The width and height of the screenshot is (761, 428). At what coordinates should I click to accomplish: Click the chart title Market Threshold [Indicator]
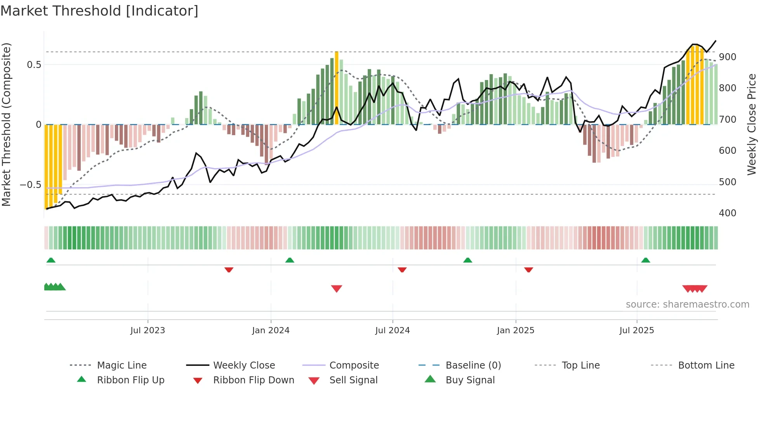99,11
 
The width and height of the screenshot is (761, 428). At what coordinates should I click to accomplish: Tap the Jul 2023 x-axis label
148,331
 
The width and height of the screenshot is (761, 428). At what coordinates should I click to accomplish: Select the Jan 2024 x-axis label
271,331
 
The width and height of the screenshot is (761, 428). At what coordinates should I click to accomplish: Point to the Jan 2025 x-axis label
516,331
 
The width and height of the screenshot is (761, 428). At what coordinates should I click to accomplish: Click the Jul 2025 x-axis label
637,331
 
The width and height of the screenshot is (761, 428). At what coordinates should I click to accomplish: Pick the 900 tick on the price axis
728,57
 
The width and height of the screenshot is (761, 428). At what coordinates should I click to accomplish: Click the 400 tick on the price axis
728,213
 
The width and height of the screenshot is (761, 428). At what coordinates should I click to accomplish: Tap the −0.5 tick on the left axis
31,185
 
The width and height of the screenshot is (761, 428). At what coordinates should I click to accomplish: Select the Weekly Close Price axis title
752,124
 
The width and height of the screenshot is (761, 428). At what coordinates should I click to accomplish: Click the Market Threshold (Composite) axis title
7,124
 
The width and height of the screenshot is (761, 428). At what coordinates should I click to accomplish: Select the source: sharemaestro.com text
687,304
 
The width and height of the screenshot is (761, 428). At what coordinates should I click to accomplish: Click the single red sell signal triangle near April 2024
337,289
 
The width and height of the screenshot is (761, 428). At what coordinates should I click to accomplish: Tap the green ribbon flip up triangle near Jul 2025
646,260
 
